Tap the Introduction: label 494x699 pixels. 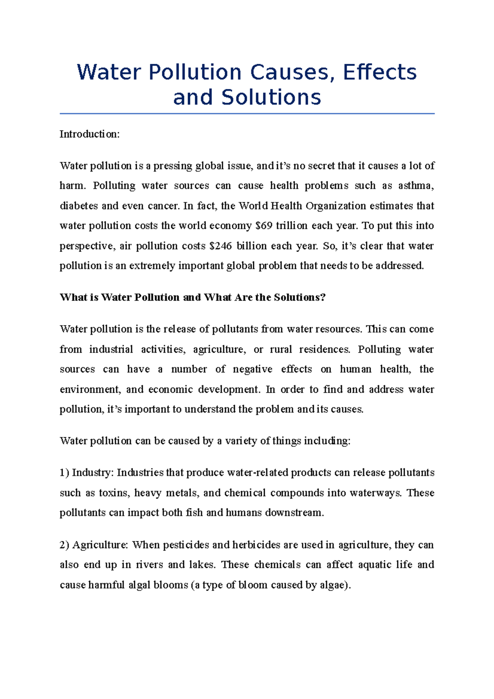pyautogui.click(x=90, y=134)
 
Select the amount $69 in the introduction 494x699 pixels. pyautogui.click(x=264, y=226)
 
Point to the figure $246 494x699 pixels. pyautogui.click(x=221, y=246)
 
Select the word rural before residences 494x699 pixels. pyautogui.click(x=281, y=349)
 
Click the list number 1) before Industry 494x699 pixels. pyautogui.click(x=65, y=473)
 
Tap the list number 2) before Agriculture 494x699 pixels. pyautogui.click(x=65, y=545)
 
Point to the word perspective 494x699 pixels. pyautogui.click(x=87, y=246)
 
